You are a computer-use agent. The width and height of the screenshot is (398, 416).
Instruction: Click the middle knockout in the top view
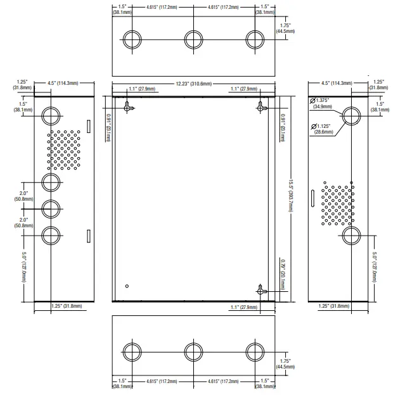(193, 39)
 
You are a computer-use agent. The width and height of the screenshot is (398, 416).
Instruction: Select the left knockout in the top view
(132, 39)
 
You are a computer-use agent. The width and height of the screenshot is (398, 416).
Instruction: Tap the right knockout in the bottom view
(254, 351)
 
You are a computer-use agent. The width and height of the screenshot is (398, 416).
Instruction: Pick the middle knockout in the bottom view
(193, 351)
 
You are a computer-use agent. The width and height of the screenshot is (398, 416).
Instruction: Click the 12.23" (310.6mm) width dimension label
(193, 83)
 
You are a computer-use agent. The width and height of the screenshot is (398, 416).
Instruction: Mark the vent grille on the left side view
(65, 151)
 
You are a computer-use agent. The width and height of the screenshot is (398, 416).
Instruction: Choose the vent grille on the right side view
(337, 205)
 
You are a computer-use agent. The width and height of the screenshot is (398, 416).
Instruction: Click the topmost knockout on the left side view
(51, 115)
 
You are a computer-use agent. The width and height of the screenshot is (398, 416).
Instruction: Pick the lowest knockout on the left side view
(51, 236)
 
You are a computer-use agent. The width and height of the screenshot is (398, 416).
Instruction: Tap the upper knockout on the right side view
(351, 115)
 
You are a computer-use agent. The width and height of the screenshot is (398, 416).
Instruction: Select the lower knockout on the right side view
(351, 236)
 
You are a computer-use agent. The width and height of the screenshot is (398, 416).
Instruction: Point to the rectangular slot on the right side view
(312, 198)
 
